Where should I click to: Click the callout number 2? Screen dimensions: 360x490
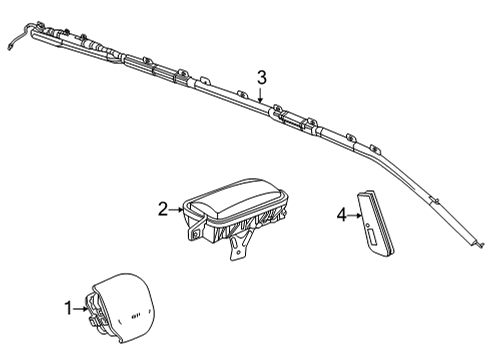[162, 209]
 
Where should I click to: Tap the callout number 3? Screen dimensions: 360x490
[261, 77]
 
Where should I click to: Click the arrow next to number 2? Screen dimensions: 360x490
[175, 209]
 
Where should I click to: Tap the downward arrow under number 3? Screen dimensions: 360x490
[261, 96]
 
